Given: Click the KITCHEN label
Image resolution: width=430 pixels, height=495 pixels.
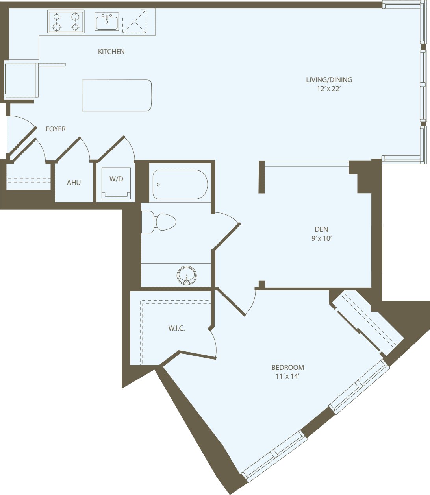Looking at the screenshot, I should click(111, 52).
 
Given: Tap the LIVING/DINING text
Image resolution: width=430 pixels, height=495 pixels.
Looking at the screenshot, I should click(329, 80).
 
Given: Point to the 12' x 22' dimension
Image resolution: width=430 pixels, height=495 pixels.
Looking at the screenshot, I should click(329, 89).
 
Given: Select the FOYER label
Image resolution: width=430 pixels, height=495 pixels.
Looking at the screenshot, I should click(56, 129).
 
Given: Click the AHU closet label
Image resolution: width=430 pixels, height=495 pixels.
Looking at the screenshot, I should click(74, 183).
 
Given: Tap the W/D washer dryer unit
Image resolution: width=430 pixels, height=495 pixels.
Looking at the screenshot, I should click(116, 183).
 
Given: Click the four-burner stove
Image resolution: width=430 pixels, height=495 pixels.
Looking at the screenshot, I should click(66, 22).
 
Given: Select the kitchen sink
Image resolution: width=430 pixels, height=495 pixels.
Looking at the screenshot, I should click(107, 22).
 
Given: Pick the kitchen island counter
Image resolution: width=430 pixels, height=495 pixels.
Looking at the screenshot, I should click(117, 96).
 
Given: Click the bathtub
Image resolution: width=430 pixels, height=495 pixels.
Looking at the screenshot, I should click(180, 185).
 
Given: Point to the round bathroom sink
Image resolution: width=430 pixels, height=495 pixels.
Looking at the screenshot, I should click(187, 275).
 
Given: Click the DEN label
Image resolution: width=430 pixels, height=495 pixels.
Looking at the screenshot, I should click(321, 229).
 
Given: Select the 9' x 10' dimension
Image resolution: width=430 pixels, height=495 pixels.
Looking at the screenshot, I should click(321, 238).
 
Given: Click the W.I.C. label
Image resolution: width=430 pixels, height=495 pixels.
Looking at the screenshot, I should click(177, 328).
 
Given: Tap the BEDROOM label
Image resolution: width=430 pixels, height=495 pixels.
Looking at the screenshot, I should click(288, 368).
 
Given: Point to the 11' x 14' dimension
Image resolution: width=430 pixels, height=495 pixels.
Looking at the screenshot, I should click(288, 377).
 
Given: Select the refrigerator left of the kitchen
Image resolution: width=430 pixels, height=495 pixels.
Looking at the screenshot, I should click(21, 80).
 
